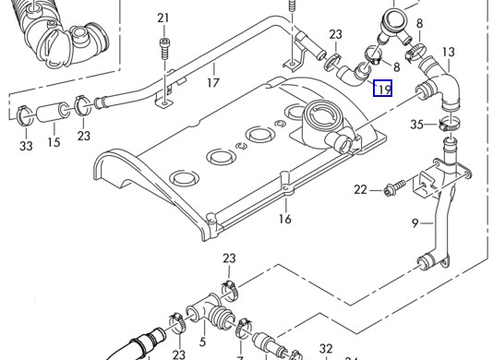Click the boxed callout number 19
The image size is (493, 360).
[x=382, y=88]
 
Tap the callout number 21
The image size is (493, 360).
[x=163, y=18]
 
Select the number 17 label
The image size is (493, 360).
[x=213, y=83]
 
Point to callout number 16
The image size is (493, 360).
[x=285, y=219]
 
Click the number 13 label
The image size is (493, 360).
[x=449, y=52]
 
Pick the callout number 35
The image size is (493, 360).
[x=417, y=125]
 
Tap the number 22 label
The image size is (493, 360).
[x=360, y=189]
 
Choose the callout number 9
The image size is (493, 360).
[x=415, y=223]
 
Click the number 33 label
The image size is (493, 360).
[x=26, y=146]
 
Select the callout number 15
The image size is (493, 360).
[x=54, y=142]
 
